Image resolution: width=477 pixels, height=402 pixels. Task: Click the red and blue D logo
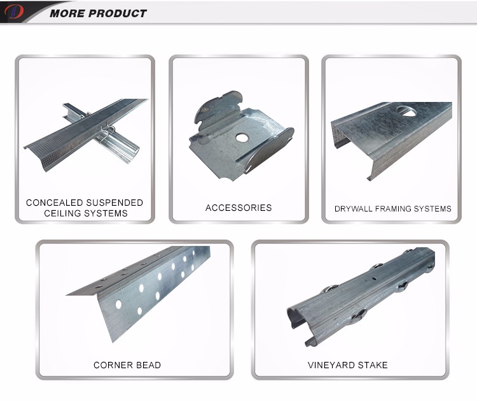[x=14, y=12]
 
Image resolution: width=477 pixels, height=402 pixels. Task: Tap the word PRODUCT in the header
[x=118, y=13]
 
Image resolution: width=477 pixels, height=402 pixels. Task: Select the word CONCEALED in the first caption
[x=55, y=203]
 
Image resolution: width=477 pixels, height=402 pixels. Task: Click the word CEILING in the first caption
[x=62, y=213]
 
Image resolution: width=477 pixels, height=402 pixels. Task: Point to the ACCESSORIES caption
[x=238, y=208]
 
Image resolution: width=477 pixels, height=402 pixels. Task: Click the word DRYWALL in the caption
[x=353, y=209]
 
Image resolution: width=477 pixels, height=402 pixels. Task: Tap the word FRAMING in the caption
[x=393, y=209]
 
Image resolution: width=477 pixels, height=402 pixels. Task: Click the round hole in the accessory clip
[x=242, y=138]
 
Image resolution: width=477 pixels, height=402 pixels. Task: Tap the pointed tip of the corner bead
[x=67, y=295]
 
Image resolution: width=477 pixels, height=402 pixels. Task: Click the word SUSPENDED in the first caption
[x=114, y=203]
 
